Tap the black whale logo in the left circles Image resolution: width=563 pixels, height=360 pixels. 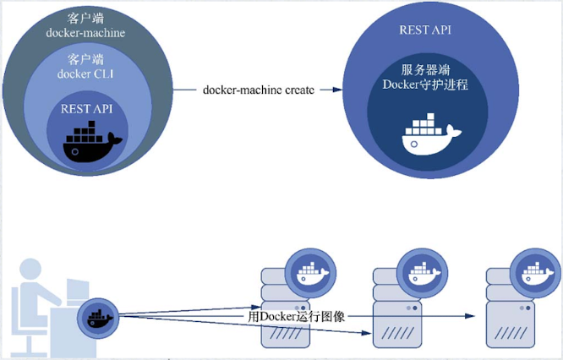point(91,140)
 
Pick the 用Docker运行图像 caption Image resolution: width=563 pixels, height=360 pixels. point(296,316)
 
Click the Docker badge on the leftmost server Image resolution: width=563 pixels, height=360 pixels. point(309,270)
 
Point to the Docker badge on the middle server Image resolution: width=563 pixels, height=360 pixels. point(419,271)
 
